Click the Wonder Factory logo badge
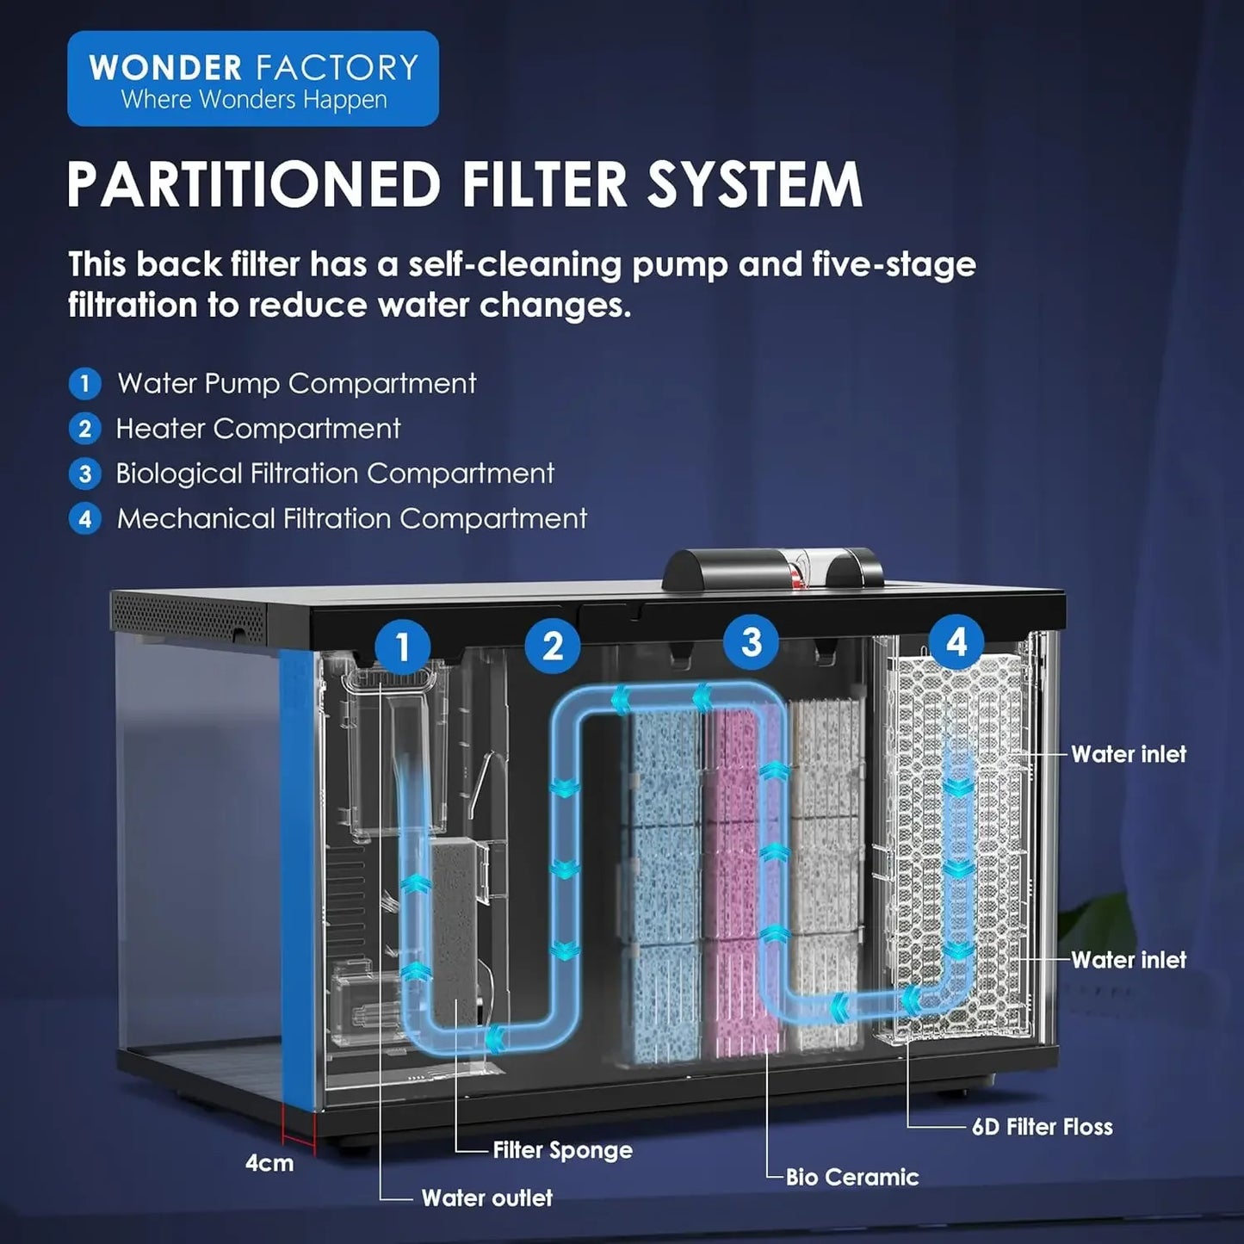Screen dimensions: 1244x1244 coord(253,79)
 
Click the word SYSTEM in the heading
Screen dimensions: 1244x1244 coord(754,184)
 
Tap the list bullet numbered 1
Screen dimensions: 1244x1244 coord(84,384)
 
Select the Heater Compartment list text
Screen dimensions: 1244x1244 coord(258,429)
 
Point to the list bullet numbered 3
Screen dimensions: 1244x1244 coord(84,473)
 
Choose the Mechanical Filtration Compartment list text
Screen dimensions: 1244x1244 coord(352,518)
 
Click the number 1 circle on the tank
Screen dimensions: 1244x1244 coord(402,646)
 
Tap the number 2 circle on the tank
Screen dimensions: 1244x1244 coord(553,646)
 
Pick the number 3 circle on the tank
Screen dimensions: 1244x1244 coord(752,641)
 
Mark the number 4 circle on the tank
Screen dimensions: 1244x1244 coord(956,641)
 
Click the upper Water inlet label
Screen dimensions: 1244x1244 coord(1128,754)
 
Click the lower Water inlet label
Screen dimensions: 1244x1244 coord(1128,960)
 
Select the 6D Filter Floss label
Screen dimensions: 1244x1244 coord(1042,1127)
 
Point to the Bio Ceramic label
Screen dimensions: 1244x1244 coord(851,1177)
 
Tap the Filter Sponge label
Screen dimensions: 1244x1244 coord(562,1150)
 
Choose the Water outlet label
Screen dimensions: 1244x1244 coord(486,1198)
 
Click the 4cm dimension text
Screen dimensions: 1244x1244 coord(269,1163)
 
